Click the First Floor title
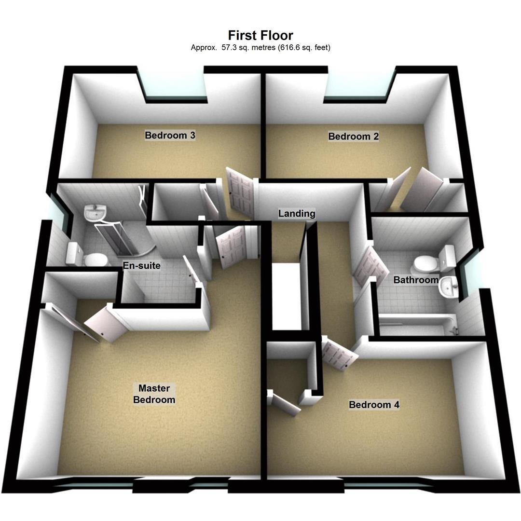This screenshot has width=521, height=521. tap(260, 35)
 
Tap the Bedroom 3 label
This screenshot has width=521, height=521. tap(170, 136)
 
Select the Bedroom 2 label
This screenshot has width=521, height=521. tap(353, 137)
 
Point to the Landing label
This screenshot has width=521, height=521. tap(297, 213)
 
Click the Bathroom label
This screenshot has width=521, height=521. tap(416, 280)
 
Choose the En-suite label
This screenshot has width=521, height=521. tap(141, 266)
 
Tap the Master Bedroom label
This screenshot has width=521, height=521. tap(154, 394)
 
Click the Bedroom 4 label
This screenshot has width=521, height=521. tap(374, 405)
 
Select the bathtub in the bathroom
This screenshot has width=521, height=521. tap(417, 324)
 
